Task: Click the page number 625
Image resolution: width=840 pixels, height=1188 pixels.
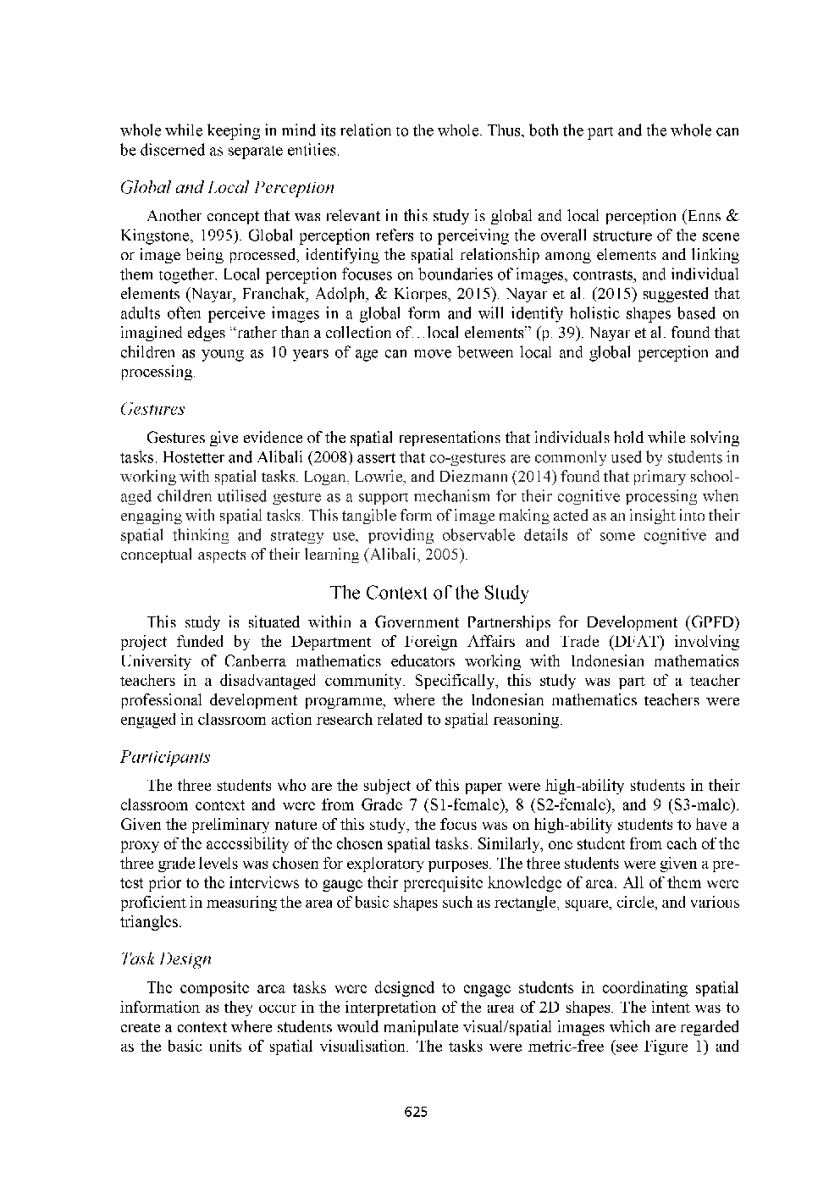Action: [416, 1112]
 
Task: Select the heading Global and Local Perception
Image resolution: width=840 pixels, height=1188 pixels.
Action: [228, 187]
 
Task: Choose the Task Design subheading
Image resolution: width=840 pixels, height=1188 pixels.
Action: [166, 959]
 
